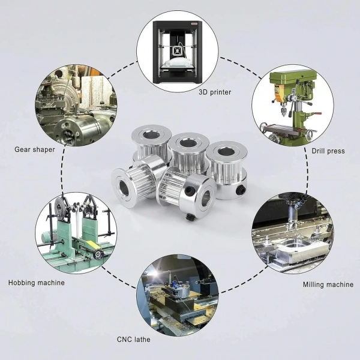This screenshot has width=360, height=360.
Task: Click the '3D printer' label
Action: pos(215,92)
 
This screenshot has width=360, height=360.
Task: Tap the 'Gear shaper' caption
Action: pos(35,149)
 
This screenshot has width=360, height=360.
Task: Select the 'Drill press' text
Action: pos(328,151)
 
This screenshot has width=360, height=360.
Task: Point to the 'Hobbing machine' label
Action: pos(37,283)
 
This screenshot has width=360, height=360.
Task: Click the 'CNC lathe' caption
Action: pos(134,340)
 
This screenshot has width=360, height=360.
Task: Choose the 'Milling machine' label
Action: pos(328,284)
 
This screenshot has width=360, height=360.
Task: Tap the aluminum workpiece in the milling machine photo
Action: pos(302,250)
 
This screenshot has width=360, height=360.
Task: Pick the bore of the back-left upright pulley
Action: pos(151,135)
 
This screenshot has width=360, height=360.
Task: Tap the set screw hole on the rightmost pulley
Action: pos(241,190)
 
